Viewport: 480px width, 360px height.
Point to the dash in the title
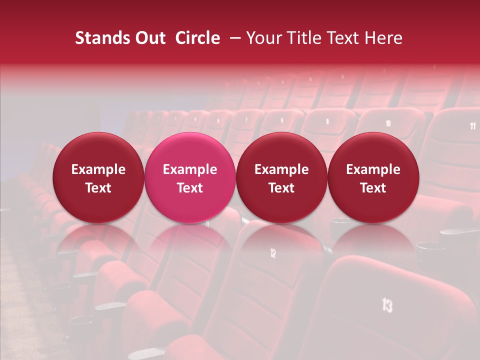point(233,38)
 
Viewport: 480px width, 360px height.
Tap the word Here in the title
point(383,38)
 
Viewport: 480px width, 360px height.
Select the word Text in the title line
point(343,38)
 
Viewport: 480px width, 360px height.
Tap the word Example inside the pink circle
point(190,169)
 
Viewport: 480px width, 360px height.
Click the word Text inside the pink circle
point(190,188)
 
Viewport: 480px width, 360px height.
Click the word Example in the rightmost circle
point(373,169)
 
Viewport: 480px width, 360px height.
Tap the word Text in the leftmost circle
point(98,188)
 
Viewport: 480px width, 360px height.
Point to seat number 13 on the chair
point(387,305)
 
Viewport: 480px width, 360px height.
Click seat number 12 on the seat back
point(272,253)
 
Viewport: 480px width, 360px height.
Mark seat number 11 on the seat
point(473,126)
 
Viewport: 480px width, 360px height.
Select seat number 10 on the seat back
point(388,123)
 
